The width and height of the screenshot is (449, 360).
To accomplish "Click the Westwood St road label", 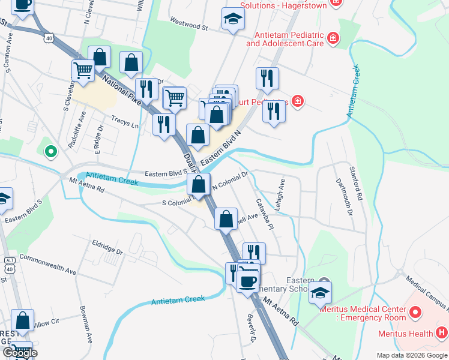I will coord(188,27).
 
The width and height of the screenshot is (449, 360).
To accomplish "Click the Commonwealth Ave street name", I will coord(48,263).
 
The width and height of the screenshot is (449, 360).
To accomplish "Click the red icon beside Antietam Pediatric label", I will coord(333,40).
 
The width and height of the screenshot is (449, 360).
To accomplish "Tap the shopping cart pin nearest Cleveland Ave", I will coord(83,71).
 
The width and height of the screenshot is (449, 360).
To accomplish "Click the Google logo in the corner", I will coord(20,353).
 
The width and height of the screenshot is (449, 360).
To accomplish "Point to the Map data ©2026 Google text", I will coord(412,355).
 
